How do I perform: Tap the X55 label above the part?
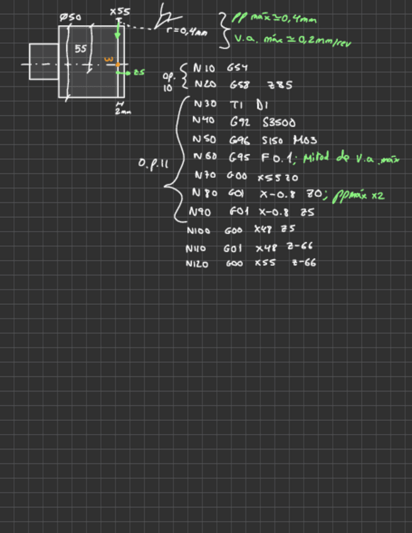pos(119,11)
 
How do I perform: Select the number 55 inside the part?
pos(80,48)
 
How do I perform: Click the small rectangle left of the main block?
pos(43,61)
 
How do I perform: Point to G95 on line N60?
pos(239,157)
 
